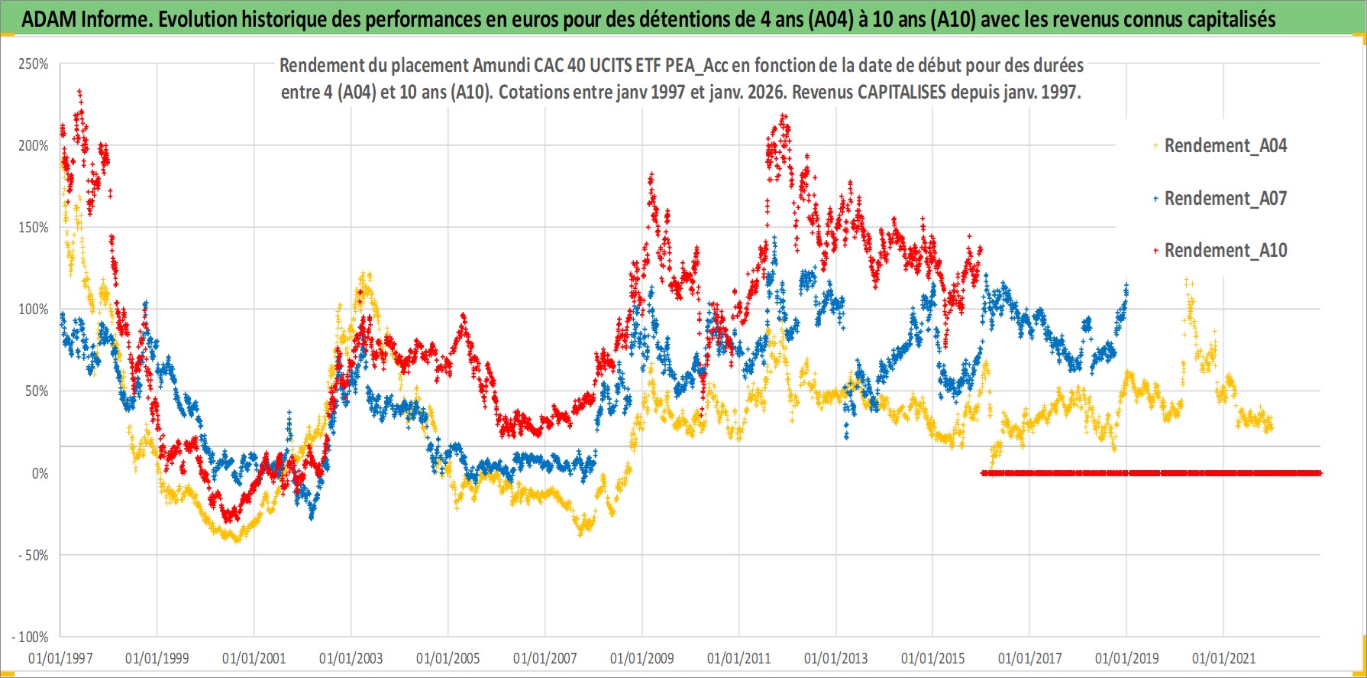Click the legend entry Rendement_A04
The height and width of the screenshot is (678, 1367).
(x=1225, y=145)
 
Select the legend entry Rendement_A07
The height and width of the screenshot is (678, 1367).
(x=1225, y=198)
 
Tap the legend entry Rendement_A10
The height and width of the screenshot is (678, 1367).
(x=1225, y=250)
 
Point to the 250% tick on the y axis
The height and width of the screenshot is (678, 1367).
(x=34, y=64)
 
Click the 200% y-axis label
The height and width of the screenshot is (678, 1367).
(x=34, y=146)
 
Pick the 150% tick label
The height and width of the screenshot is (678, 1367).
(x=34, y=228)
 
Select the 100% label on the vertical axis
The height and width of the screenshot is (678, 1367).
(x=34, y=310)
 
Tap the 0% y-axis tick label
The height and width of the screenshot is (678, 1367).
(x=40, y=474)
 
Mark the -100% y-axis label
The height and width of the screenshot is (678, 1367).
(x=31, y=637)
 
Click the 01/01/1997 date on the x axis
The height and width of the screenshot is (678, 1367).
(x=60, y=658)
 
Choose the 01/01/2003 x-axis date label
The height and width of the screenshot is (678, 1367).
(x=351, y=658)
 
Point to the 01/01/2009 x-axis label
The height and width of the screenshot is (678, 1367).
(x=641, y=658)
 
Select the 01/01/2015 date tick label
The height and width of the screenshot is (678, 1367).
(x=932, y=658)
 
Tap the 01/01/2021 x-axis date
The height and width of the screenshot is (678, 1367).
(x=1223, y=658)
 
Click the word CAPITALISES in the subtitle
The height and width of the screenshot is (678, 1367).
(x=901, y=92)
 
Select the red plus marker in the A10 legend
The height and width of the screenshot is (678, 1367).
(x=1155, y=250)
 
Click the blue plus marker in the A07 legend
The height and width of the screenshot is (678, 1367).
(x=1155, y=199)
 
